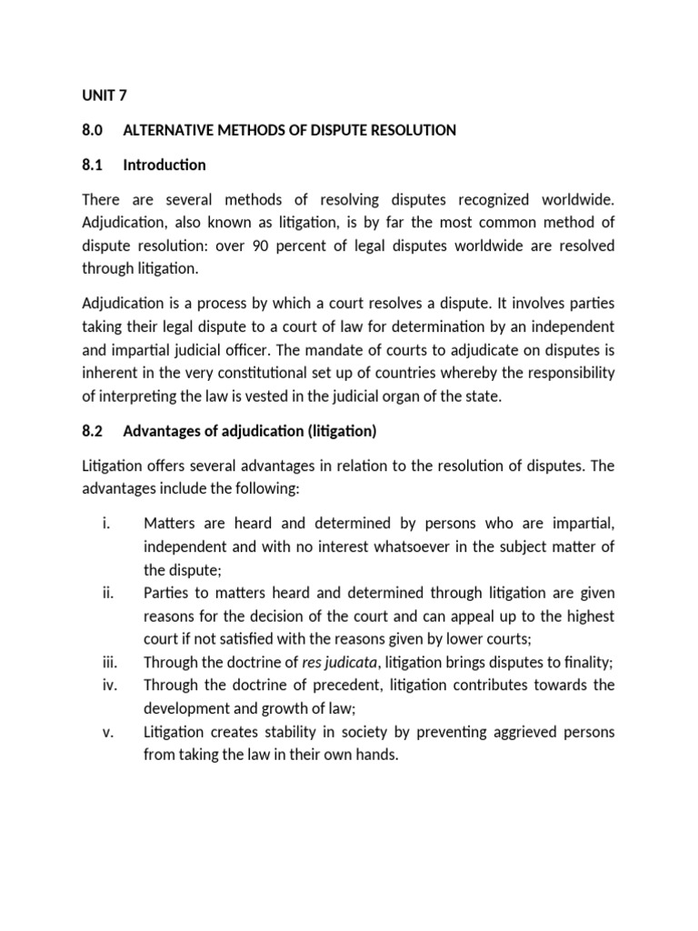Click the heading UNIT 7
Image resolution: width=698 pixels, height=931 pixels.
[x=105, y=95]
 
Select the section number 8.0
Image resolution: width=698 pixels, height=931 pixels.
[x=94, y=130]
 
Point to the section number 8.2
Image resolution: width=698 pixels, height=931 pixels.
[x=94, y=430]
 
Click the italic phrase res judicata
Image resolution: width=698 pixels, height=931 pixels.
[x=339, y=663]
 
